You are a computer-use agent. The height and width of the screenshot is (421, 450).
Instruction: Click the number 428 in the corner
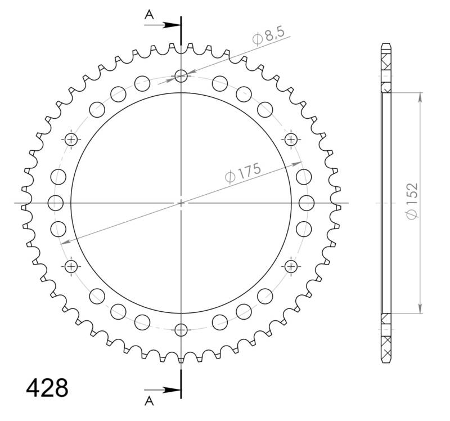[47, 388]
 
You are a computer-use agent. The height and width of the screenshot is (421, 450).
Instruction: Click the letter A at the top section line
[149, 15]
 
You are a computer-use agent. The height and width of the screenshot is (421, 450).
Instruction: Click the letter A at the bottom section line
[149, 400]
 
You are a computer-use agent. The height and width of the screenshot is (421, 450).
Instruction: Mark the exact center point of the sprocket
[181, 203]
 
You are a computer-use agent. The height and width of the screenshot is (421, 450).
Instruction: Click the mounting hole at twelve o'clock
[181, 75]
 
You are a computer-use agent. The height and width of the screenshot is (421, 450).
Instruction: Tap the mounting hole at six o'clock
[181, 329]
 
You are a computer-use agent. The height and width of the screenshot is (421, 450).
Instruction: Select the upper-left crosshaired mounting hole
[71, 139]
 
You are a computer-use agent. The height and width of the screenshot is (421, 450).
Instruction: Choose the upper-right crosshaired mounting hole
[291, 139]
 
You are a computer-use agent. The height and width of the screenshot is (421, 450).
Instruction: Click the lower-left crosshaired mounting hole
[71, 266]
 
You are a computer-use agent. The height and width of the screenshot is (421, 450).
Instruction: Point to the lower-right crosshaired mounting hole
[291, 266]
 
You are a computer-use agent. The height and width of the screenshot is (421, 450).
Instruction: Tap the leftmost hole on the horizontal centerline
[55, 202]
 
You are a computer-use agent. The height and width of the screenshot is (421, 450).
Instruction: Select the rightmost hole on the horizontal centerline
[307, 202]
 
